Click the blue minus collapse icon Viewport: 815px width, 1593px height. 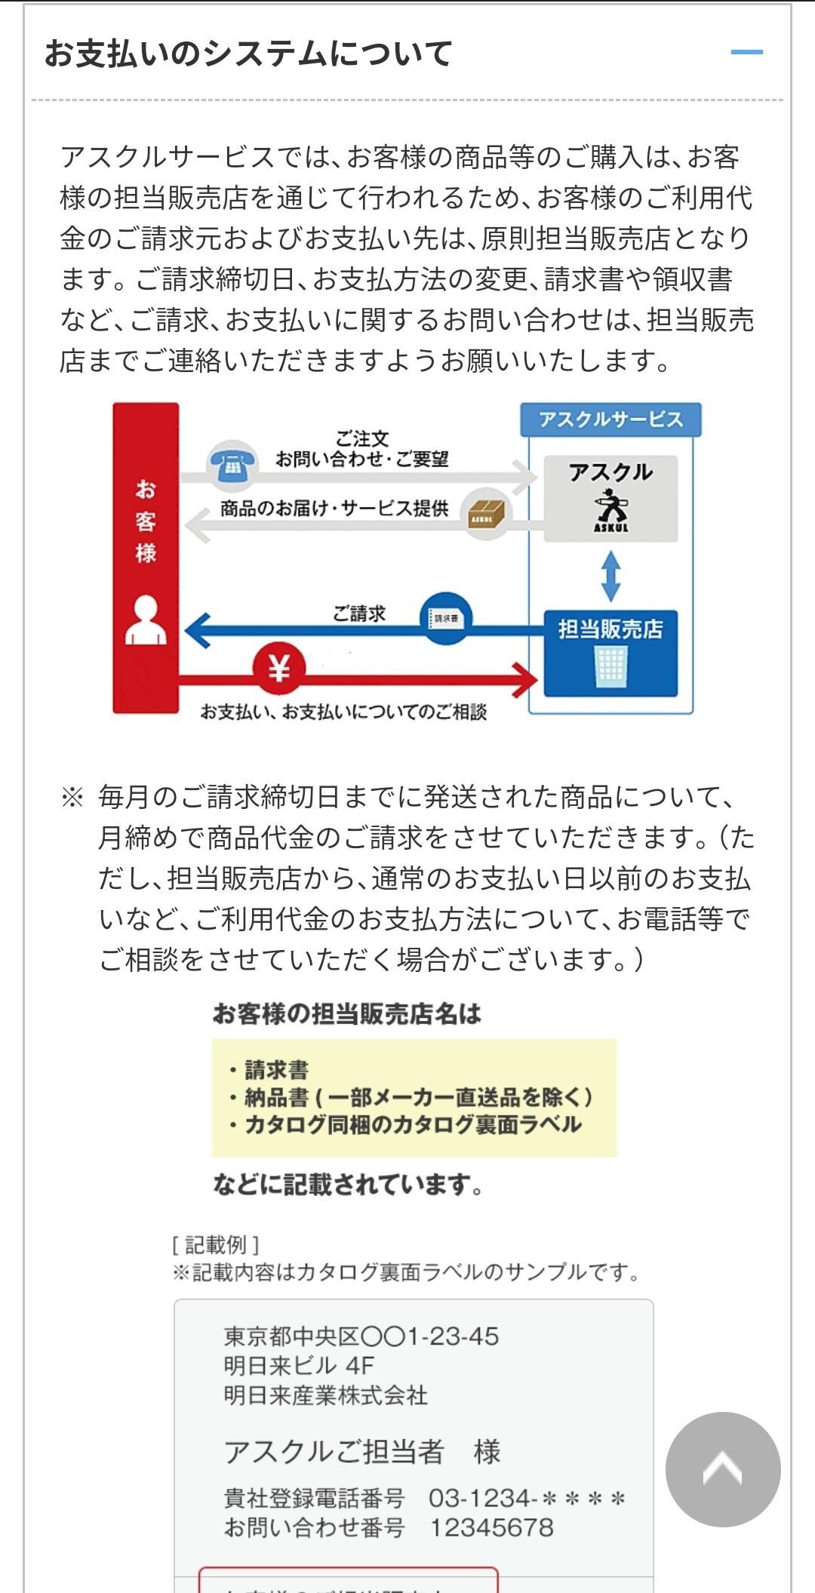[x=746, y=52]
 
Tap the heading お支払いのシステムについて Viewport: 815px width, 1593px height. [x=248, y=54]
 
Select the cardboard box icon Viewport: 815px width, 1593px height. [x=487, y=512]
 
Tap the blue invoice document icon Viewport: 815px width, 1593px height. [x=446, y=618]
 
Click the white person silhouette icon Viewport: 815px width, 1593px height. [x=146, y=620]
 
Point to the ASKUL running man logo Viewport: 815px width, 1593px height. [x=610, y=510]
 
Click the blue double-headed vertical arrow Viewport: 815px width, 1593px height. [x=610, y=577]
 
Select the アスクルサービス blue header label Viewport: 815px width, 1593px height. [x=610, y=420]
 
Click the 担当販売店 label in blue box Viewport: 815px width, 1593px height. [x=610, y=629]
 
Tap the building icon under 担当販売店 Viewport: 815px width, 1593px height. [x=610, y=667]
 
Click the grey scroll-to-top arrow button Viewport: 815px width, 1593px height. [x=722, y=1469]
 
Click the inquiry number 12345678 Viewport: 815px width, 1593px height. [x=491, y=1527]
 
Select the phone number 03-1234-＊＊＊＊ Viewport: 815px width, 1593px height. [x=527, y=1498]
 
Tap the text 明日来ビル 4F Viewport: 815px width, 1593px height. [x=299, y=1365]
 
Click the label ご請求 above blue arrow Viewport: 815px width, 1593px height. [x=359, y=614]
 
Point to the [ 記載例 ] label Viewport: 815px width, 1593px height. [x=216, y=1244]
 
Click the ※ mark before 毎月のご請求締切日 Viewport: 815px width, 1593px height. [x=72, y=798]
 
